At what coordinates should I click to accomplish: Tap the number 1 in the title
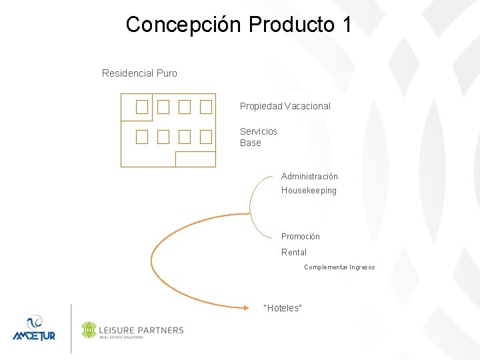[345, 25]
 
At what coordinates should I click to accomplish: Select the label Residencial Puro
[139, 73]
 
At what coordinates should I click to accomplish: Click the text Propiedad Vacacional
[285, 106]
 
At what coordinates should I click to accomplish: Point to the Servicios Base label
[258, 137]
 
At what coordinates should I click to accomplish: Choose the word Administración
[309, 177]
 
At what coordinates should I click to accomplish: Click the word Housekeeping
[309, 191]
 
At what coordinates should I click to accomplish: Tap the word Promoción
[300, 237]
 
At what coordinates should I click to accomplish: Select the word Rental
[293, 253]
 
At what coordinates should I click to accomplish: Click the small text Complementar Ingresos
[339, 267]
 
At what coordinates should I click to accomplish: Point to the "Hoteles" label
[283, 308]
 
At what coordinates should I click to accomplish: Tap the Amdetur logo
[33, 328]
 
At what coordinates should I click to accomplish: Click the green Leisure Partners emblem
[89, 330]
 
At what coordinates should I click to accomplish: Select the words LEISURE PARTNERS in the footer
[141, 329]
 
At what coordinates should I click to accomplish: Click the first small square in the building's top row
[141, 107]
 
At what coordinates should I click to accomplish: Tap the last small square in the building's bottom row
[205, 137]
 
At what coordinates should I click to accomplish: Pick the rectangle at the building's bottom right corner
[195, 159]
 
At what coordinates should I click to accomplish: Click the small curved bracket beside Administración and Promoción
[252, 207]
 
